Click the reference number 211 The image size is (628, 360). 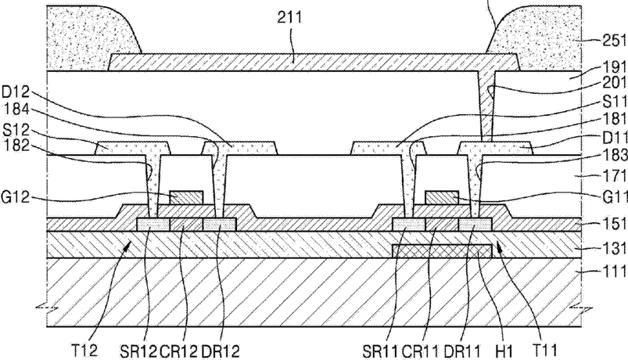click(289, 17)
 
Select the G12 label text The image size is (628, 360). click(15, 198)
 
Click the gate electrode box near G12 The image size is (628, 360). click(186, 198)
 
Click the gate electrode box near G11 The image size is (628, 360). click(442, 198)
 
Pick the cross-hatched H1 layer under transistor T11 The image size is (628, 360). click(442, 251)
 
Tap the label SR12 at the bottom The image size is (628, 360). click(138, 351)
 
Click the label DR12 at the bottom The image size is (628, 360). click(221, 351)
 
